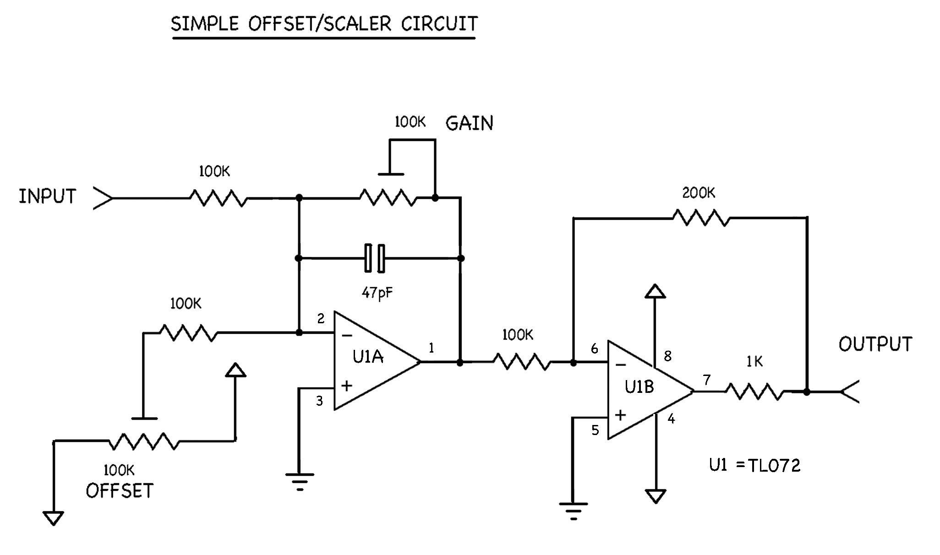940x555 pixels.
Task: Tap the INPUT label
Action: coord(47,196)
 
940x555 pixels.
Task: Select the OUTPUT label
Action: coord(875,344)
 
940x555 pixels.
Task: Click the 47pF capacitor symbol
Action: coord(375,258)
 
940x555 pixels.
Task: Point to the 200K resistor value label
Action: coord(698,193)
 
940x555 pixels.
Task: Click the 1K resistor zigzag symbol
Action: coord(754,392)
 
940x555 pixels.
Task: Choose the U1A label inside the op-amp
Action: coord(368,357)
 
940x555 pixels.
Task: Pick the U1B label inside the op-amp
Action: coord(639,387)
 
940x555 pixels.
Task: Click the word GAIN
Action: coord(469,124)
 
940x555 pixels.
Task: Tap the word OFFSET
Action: coord(119,491)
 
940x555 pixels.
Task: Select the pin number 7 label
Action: coord(707,380)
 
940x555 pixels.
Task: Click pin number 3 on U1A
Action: coord(320,401)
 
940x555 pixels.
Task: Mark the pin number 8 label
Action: coord(667,356)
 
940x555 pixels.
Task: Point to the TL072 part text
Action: coord(774,466)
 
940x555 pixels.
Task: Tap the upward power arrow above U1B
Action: coord(655,292)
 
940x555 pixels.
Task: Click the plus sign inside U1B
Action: coord(620,415)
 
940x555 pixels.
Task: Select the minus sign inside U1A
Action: coord(347,336)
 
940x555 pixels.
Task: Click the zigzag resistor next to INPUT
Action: coord(219,198)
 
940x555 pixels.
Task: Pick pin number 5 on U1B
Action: coord(595,430)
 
